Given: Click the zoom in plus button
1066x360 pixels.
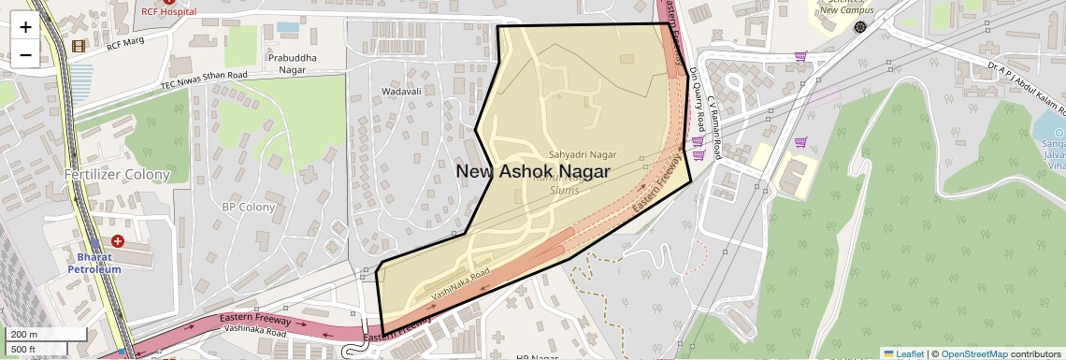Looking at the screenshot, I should point(25,27).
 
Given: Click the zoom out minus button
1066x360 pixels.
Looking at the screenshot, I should point(25,54).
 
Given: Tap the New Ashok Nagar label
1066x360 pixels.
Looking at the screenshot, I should point(532,172).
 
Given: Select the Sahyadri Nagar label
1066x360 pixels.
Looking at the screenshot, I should point(583,154).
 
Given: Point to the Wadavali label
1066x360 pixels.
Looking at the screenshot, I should point(402,92).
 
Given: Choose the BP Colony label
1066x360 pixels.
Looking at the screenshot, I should point(248,207).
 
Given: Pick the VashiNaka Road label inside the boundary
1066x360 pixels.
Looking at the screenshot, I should point(460,285).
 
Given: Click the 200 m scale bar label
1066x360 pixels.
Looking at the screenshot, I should point(24,334).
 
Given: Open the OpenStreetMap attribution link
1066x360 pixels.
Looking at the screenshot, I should point(973,353).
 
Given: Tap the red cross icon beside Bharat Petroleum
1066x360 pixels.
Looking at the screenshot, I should point(118,241).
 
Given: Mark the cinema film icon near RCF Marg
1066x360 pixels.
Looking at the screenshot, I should point(79,45).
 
